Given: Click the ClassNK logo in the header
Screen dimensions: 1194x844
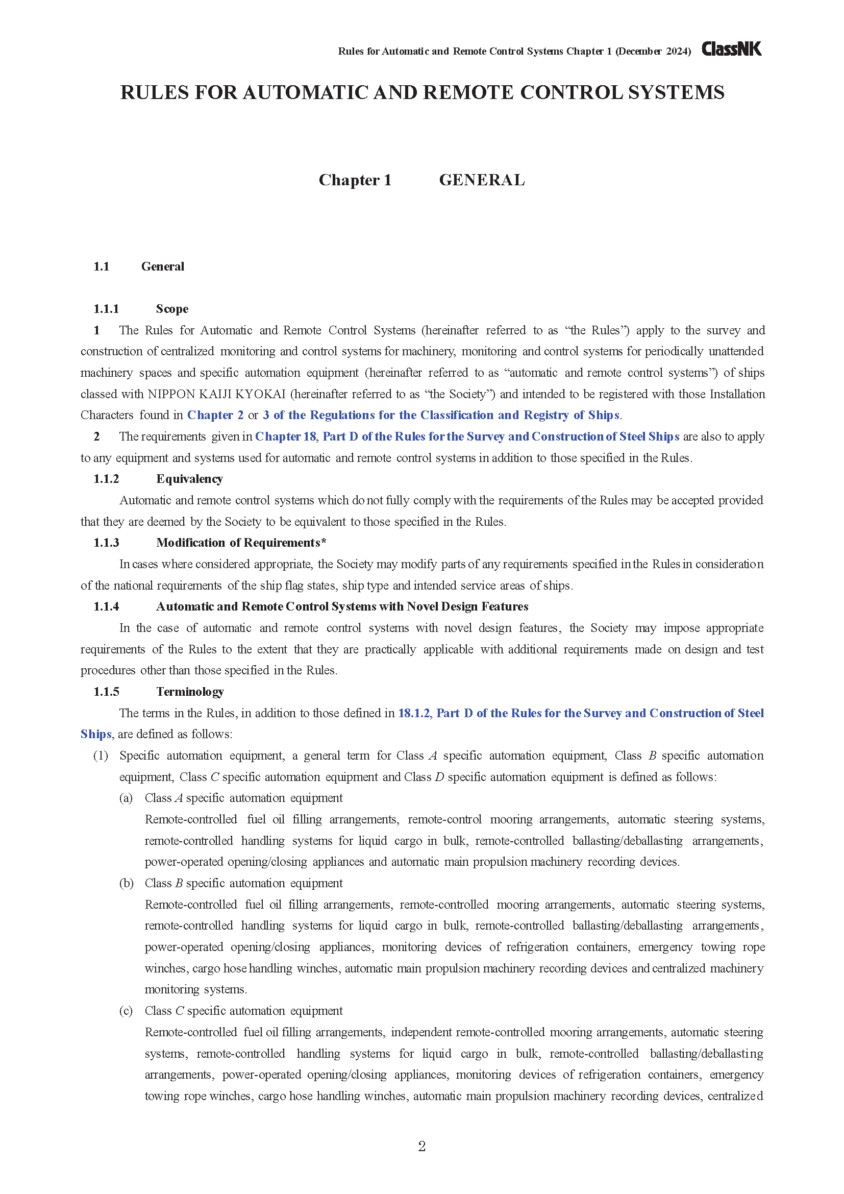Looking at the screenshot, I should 731,49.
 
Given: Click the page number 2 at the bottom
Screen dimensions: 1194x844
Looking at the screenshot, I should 421,1146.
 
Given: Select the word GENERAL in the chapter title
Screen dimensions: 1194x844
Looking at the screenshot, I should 482,180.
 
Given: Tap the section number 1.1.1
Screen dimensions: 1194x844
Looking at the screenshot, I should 106,309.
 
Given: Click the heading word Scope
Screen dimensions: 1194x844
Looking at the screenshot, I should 172,309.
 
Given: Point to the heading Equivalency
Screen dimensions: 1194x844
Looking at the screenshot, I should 189,479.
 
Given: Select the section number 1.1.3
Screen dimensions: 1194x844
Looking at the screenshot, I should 106,543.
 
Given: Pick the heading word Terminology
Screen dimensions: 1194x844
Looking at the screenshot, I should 190,692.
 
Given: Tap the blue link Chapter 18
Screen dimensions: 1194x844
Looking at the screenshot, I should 285,436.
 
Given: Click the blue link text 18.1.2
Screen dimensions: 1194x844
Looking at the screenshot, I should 414,713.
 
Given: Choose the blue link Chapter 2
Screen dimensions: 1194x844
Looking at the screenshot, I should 215,415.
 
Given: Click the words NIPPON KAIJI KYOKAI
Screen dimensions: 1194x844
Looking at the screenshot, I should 217,394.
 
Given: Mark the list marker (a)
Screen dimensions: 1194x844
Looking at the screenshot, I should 126,798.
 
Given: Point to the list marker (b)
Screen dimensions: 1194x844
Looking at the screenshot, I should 126,883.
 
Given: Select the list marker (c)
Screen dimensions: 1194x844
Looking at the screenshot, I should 126,1010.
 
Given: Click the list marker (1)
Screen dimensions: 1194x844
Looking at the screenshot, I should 101,756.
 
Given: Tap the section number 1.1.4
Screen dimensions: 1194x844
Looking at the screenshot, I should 106,606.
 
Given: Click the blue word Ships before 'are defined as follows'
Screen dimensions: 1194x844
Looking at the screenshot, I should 96,734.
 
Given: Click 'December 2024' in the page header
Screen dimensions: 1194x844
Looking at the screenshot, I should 653,52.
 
